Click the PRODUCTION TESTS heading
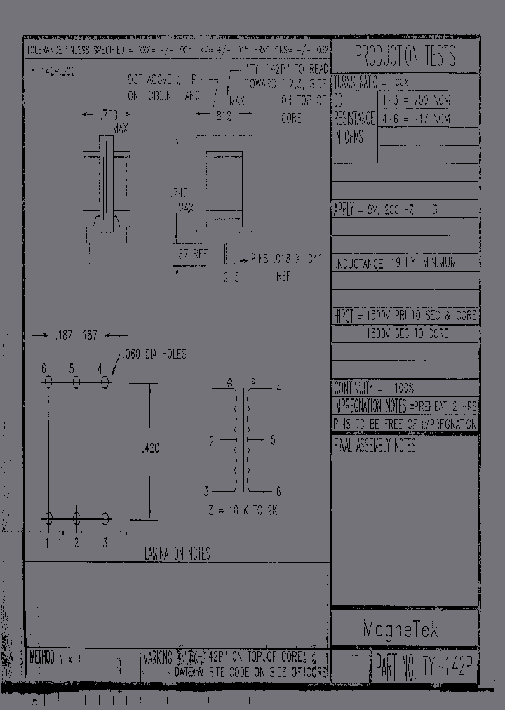click(404, 55)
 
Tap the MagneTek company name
click(400, 629)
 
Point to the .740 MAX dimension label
click(184, 200)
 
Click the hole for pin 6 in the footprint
click(48, 382)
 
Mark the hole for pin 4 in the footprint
click(105, 382)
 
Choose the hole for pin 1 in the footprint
click(48, 518)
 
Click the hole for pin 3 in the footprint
click(105, 518)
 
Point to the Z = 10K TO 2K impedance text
click(244, 511)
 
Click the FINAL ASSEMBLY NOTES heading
click(375, 446)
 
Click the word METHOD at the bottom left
click(42, 657)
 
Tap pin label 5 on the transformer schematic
click(273, 440)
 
